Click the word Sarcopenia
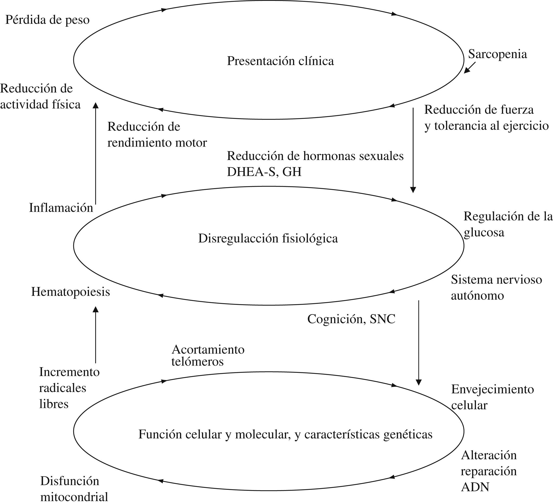497,54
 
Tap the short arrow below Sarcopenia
470,68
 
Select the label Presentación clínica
280,61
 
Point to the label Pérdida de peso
48,20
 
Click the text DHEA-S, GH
264,172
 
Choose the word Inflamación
61,208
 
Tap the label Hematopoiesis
71,292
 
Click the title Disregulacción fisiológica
268,239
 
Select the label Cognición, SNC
351,319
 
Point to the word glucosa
484,233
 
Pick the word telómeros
198,362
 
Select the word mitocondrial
74,497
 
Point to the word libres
54,404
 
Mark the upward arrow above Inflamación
96,154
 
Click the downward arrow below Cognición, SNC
419,343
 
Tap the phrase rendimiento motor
157,143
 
